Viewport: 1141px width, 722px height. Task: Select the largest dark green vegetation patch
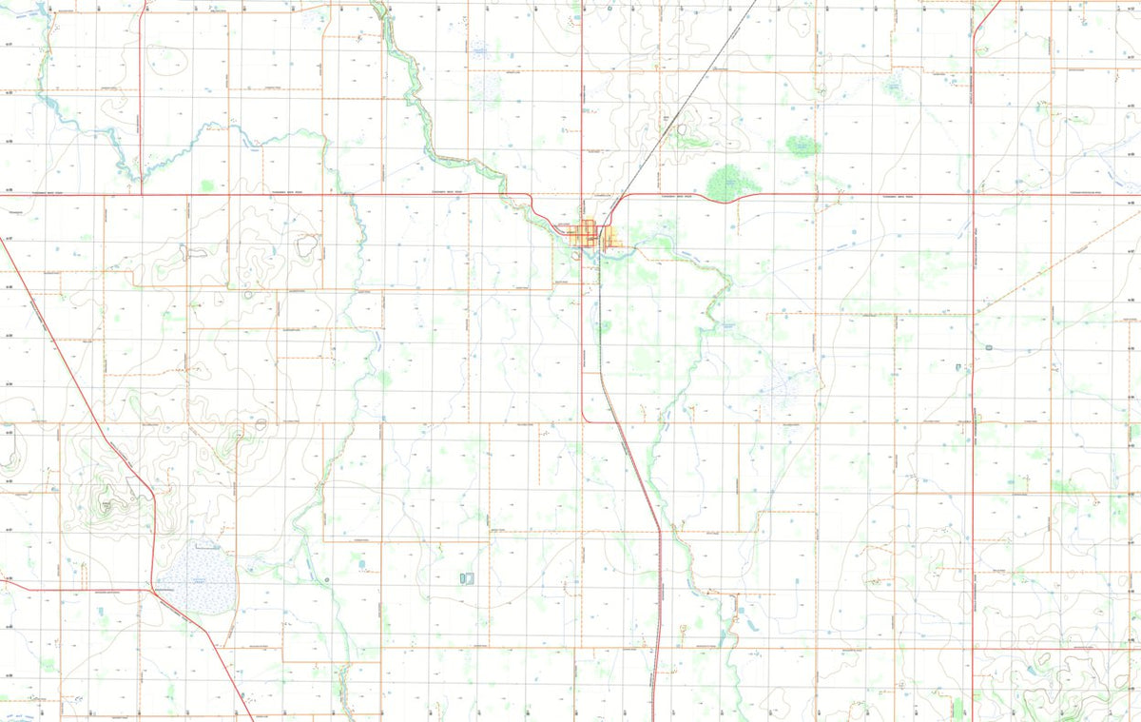point(728,181)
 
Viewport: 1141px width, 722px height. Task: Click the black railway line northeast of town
point(685,105)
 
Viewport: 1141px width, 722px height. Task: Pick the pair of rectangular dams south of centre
point(466,577)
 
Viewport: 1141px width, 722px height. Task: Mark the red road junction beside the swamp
point(152,589)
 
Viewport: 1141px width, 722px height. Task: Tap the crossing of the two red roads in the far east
point(974,195)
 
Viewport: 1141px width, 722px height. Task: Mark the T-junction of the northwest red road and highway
point(142,194)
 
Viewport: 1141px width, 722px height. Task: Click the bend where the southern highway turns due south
point(658,529)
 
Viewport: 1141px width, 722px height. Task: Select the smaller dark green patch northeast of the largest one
point(803,146)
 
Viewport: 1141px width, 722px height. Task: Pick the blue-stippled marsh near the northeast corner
point(894,86)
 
